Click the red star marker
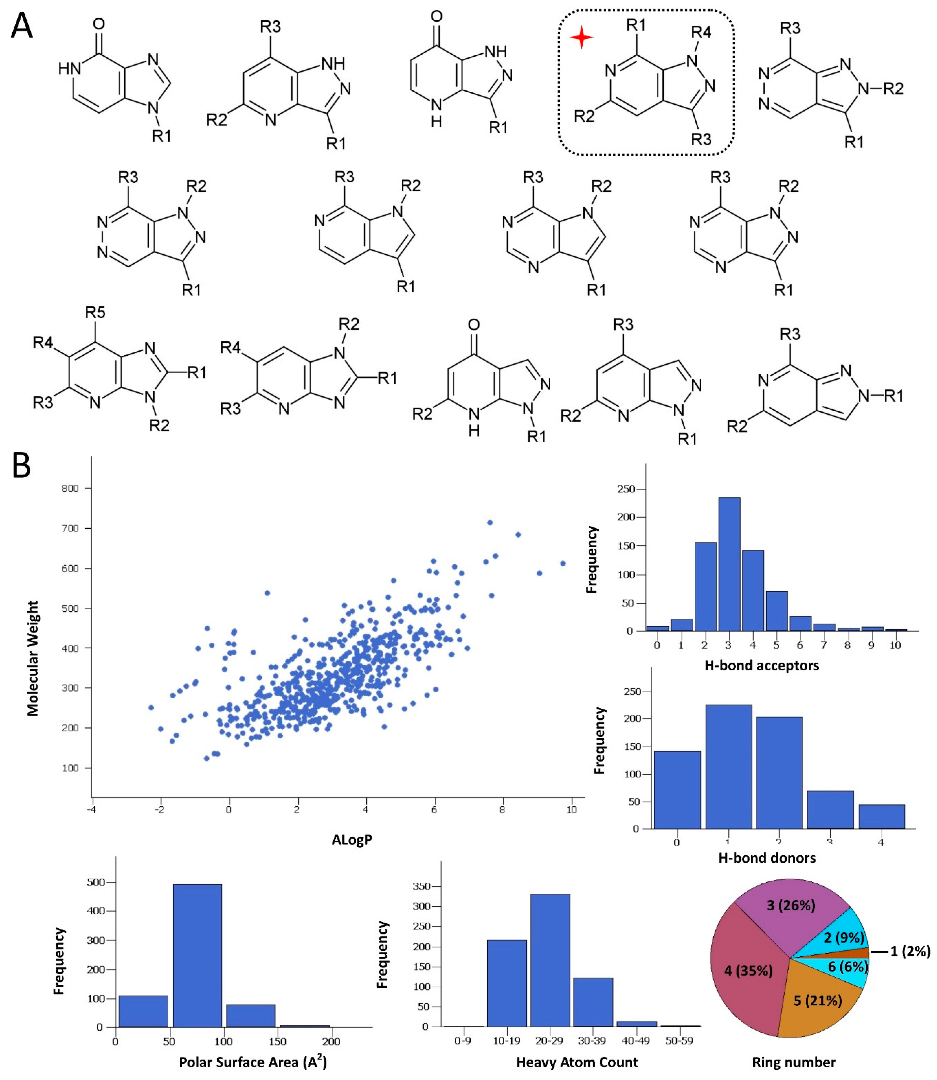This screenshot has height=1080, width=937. pyautogui.click(x=581, y=38)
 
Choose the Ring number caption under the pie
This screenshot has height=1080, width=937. pyautogui.click(x=793, y=1062)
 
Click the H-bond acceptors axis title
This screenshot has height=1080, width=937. pyautogui.click(x=761, y=665)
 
